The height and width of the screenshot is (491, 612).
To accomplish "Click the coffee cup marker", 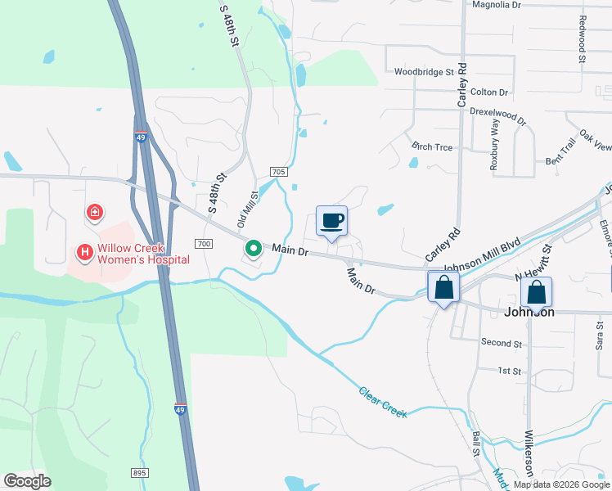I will click(332, 221).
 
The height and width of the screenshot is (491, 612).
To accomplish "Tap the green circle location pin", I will click(254, 248).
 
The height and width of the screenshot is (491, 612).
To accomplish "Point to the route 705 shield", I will click(278, 171).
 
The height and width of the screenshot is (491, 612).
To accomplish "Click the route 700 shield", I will click(204, 244).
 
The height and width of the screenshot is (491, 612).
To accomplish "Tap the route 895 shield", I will click(139, 473).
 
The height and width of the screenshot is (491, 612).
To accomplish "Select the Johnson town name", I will click(529, 312).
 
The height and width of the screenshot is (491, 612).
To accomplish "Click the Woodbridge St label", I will click(424, 72).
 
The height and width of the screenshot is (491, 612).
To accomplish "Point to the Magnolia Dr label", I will click(497, 5).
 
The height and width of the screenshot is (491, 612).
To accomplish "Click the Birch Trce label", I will click(433, 146).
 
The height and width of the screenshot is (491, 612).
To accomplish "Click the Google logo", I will click(27, 481).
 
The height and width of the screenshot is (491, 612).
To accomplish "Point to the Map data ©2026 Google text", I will click(561, 484).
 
